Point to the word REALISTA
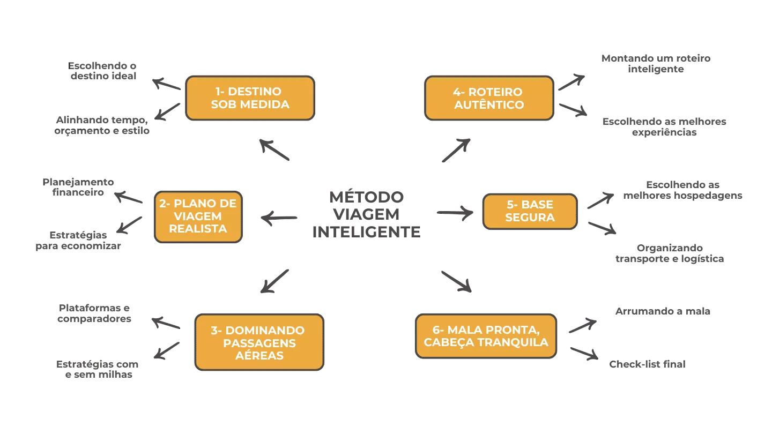coord(198,229)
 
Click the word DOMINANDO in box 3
coord(265,331)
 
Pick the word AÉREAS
coord(259,355)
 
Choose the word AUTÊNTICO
coord(489,104)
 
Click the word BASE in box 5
coord(537,205)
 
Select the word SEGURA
coord(530,218)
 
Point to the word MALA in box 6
coord(464,330)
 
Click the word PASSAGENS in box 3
coord(259,343)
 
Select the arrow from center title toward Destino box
coord(274,150)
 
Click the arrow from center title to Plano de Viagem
coord(279,218)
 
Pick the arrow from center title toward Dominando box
coord(274,281)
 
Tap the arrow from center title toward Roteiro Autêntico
coord(457,149)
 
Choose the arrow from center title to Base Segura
coord(454,213)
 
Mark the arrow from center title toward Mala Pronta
coord(455,282)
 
